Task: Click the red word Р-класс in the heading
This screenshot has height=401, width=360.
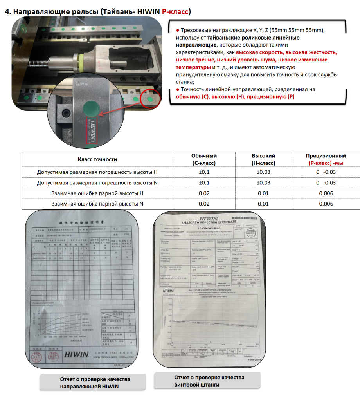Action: click(x=175, y=11)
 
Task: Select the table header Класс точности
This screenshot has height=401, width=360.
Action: click(x=97, y=159)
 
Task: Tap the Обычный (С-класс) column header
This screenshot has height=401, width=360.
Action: click(x=204, y=159)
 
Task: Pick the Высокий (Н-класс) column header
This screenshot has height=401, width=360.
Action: click(x=263, y=159)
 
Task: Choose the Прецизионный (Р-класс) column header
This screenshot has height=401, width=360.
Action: click(x=326, y=159)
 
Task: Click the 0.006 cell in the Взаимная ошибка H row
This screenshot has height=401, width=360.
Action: click(x=326, y=193)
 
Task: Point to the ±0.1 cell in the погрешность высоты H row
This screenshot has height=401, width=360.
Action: click(x=204, y=172)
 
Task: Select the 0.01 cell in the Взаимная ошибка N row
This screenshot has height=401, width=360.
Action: click(x=263, y=204)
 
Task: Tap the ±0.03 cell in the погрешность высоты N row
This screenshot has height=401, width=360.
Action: click(x=263, y=182)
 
